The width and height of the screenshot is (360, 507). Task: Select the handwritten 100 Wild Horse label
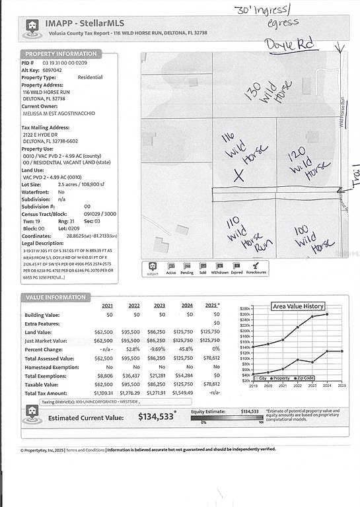pyautogui.click(x=308, y=238)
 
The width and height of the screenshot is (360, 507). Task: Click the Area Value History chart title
pyautogui.click(x=298, y=306)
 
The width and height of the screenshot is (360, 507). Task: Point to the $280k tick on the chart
pyautogui.click(x=245, y=309)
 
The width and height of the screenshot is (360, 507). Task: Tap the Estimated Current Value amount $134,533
pyautogui.click(x=157, y=417)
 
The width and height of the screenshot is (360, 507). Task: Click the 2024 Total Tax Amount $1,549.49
pyautogui.click(x=187, y=393)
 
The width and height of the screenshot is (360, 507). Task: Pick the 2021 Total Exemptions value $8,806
pyautogui.click(x=104, y=376)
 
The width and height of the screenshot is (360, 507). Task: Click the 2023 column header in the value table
pyautogui.click(x=160, y=306)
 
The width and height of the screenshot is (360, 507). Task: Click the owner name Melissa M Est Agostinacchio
pyautogui.click(x=58, y=114)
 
